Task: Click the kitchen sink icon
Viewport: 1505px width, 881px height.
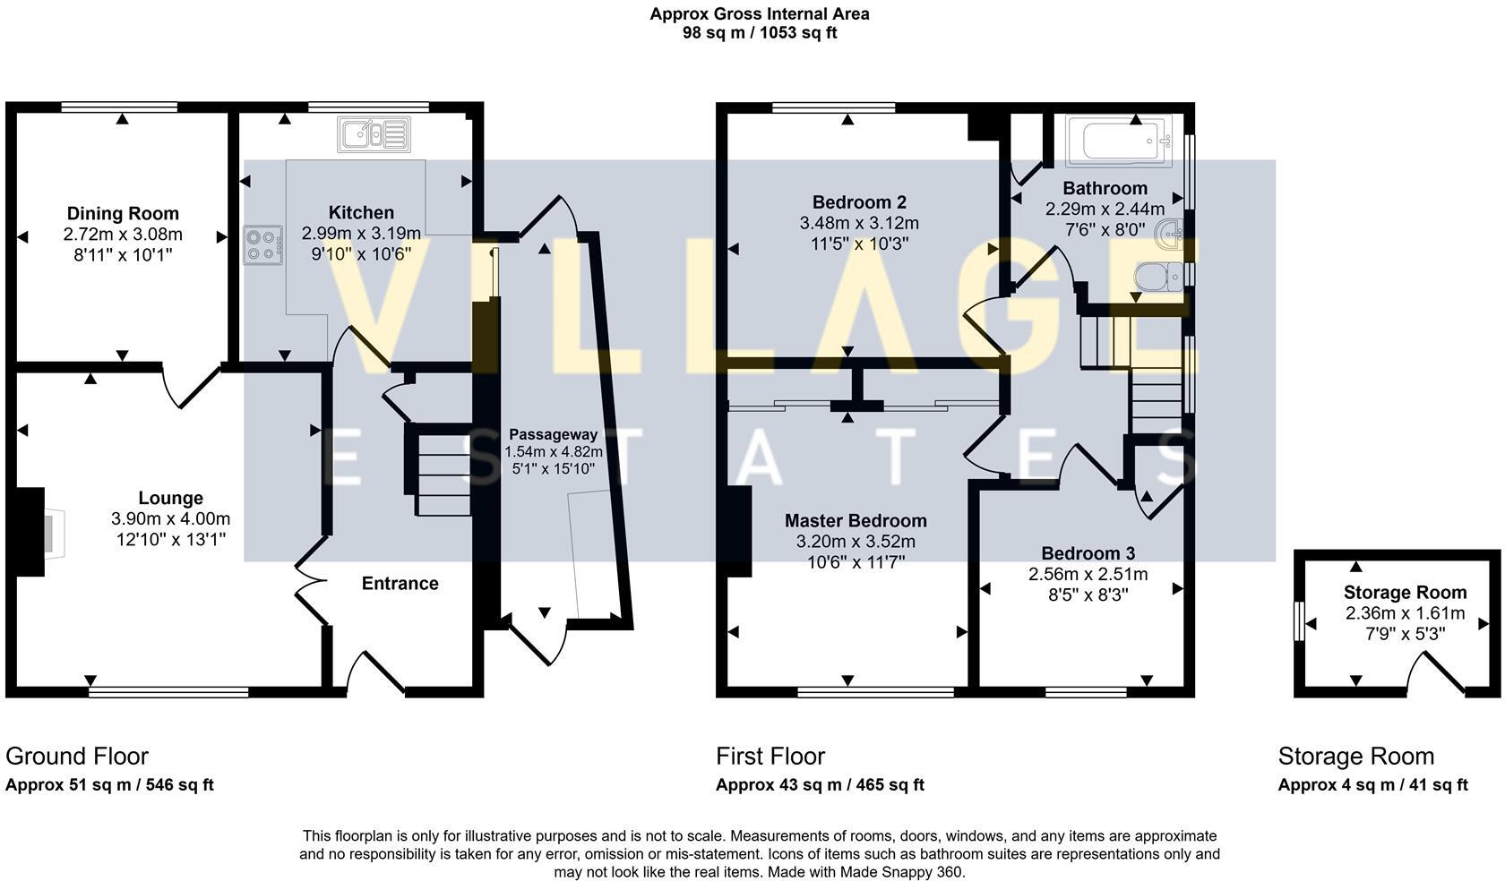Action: pos(374,135)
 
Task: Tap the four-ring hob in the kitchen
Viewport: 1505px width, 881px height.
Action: pos(262,245)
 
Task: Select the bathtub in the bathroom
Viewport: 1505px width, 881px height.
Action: pos(1118,141)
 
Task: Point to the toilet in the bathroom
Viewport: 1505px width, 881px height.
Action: pos(1159,276)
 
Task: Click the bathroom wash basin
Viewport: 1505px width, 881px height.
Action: pos(1170,235)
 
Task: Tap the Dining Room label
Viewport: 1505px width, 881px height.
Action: pos(123,213)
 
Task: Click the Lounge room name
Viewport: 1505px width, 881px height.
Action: pos(170,498)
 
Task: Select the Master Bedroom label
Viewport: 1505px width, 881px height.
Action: pos(856,520)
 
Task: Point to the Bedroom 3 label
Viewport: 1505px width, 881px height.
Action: pos(1088,553)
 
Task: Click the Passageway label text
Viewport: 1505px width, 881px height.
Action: pos(553,434)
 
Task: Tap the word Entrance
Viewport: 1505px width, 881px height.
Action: pos(400,584)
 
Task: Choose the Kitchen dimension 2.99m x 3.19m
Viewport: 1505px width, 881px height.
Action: pos(361,234)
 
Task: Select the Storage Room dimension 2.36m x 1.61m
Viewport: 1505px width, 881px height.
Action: pos(1405,613)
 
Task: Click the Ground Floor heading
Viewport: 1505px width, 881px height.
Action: pos(77,757)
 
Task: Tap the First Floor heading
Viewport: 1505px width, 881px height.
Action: pos(770,757)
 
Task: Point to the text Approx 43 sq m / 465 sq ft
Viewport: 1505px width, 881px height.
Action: pos(820,785)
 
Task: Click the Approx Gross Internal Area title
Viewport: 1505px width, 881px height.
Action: pos(760,13)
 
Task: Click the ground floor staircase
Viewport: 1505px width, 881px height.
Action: pos(438,470)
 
